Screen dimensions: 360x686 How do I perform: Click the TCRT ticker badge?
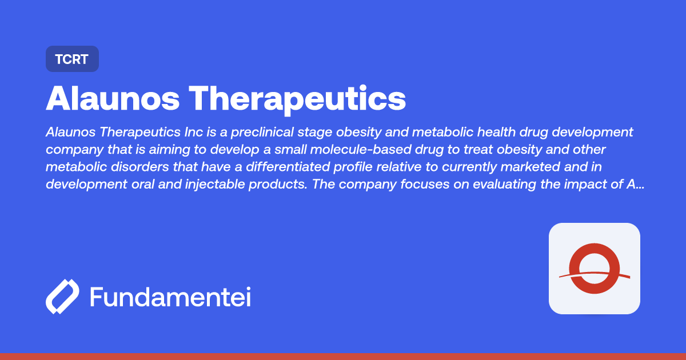click(72, 59)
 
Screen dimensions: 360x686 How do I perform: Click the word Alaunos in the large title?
click(115, 98)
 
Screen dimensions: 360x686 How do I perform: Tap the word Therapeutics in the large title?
click(298, 98)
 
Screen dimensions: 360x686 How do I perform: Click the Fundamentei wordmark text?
click(170, 297)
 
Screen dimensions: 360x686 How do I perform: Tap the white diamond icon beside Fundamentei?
click(62, 297)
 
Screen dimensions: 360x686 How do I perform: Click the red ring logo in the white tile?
click(595, 269)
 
